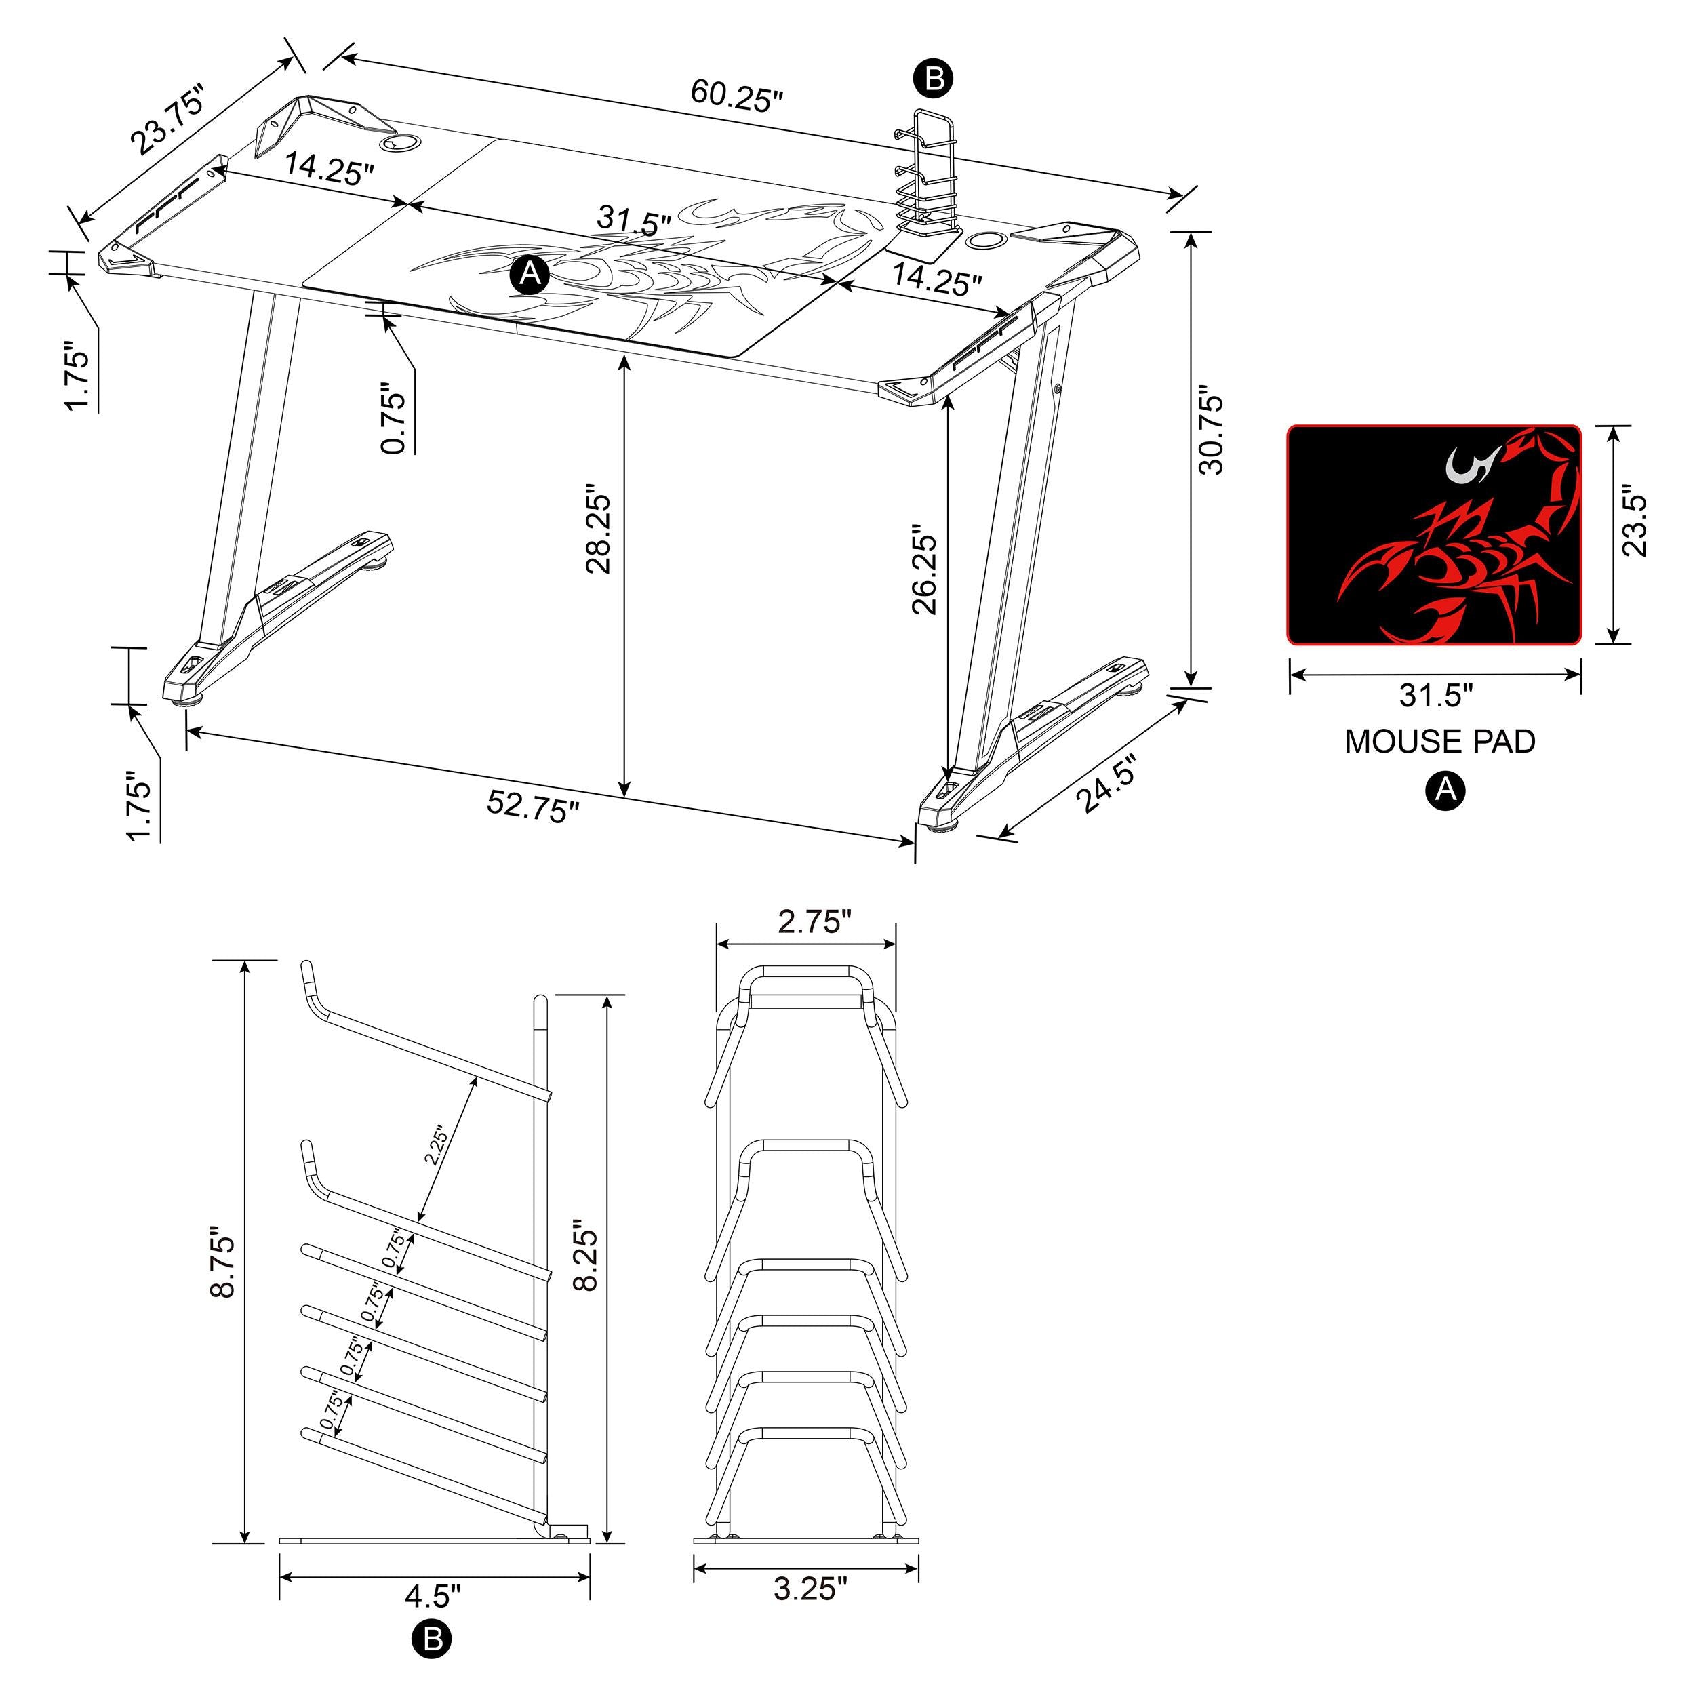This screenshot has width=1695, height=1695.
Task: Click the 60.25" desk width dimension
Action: coord(735,95)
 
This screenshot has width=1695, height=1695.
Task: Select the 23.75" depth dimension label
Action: coord(167,119)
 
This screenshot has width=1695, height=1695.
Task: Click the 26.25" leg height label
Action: coord(925,570)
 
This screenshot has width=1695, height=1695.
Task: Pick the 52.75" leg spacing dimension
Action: coord(534,806)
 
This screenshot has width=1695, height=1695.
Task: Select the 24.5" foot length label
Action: coord(1107,784)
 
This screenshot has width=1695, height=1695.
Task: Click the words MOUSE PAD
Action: coord(1439,741)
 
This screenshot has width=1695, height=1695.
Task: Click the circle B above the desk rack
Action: coord(934,79)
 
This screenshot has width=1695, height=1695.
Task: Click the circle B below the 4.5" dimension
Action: coord(432,1639)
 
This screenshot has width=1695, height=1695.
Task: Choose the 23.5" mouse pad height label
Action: coord(1633,519)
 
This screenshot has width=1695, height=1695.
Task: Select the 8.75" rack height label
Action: coord(224,1265)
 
